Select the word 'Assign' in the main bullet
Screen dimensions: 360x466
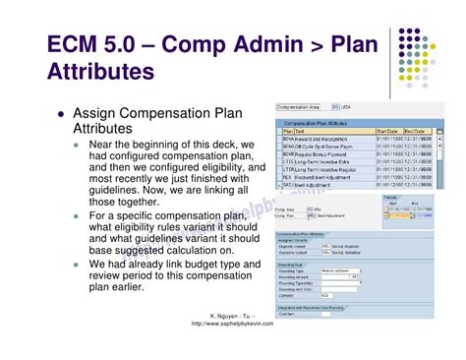point(101,112)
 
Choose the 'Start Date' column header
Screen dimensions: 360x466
point(386,131)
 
